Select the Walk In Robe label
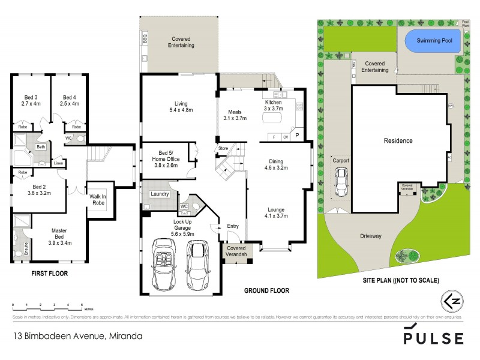point(98,199)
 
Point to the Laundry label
point(160,194)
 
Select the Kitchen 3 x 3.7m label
point(274,106)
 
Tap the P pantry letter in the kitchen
point(296,136)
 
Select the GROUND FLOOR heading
point(266,290)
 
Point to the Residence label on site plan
point(398,141)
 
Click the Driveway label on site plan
point(370,236)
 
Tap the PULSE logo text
point(433,338)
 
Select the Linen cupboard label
point(58,163)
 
